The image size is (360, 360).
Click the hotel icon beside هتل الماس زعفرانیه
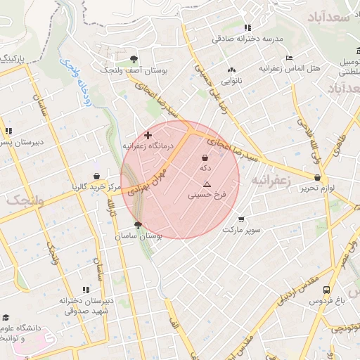tap(289, 58)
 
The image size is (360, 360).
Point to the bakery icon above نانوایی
tap(231, 70)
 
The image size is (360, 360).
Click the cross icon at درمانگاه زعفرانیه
tap(148, 134)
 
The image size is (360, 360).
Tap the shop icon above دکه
tap(205, 157)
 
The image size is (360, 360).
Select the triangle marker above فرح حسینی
tap(206, 184)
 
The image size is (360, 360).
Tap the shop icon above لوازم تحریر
tap(317, 178)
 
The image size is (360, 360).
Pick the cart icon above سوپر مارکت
tap(241, 219)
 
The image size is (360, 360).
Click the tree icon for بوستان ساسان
tap(138, 226)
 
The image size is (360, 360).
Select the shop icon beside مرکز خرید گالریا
tap(96, 176)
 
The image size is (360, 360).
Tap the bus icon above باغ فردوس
tap(327, 289)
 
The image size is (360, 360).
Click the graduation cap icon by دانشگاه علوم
tap(6, 317)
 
